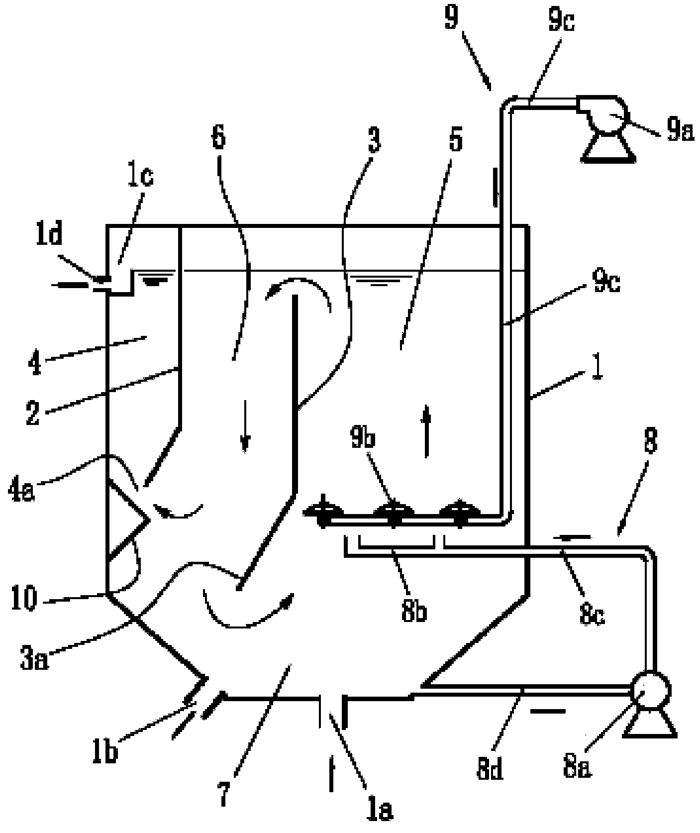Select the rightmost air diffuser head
click(x=460, y=512)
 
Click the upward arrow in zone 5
click(x=426, y=431)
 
